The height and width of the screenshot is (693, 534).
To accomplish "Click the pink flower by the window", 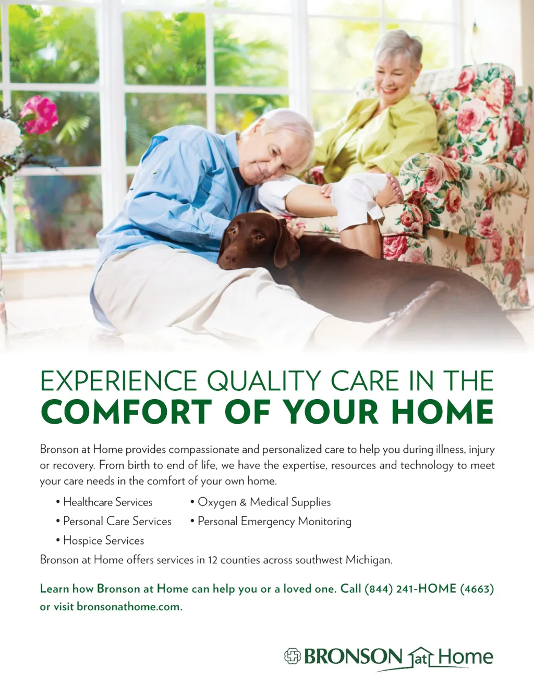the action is pos(40,114).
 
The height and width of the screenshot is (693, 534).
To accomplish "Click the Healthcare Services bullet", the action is pos(104,502).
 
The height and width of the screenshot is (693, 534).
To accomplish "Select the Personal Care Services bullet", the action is pos(114,521).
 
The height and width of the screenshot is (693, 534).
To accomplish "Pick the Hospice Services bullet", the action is pos(100,540).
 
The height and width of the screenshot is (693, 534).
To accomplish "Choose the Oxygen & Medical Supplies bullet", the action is pos(260,502).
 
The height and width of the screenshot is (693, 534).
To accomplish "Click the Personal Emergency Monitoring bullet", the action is pos(271,522).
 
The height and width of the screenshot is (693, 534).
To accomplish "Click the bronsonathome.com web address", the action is pos(129,607).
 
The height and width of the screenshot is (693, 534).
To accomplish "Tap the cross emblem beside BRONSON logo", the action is pos(293,656).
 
